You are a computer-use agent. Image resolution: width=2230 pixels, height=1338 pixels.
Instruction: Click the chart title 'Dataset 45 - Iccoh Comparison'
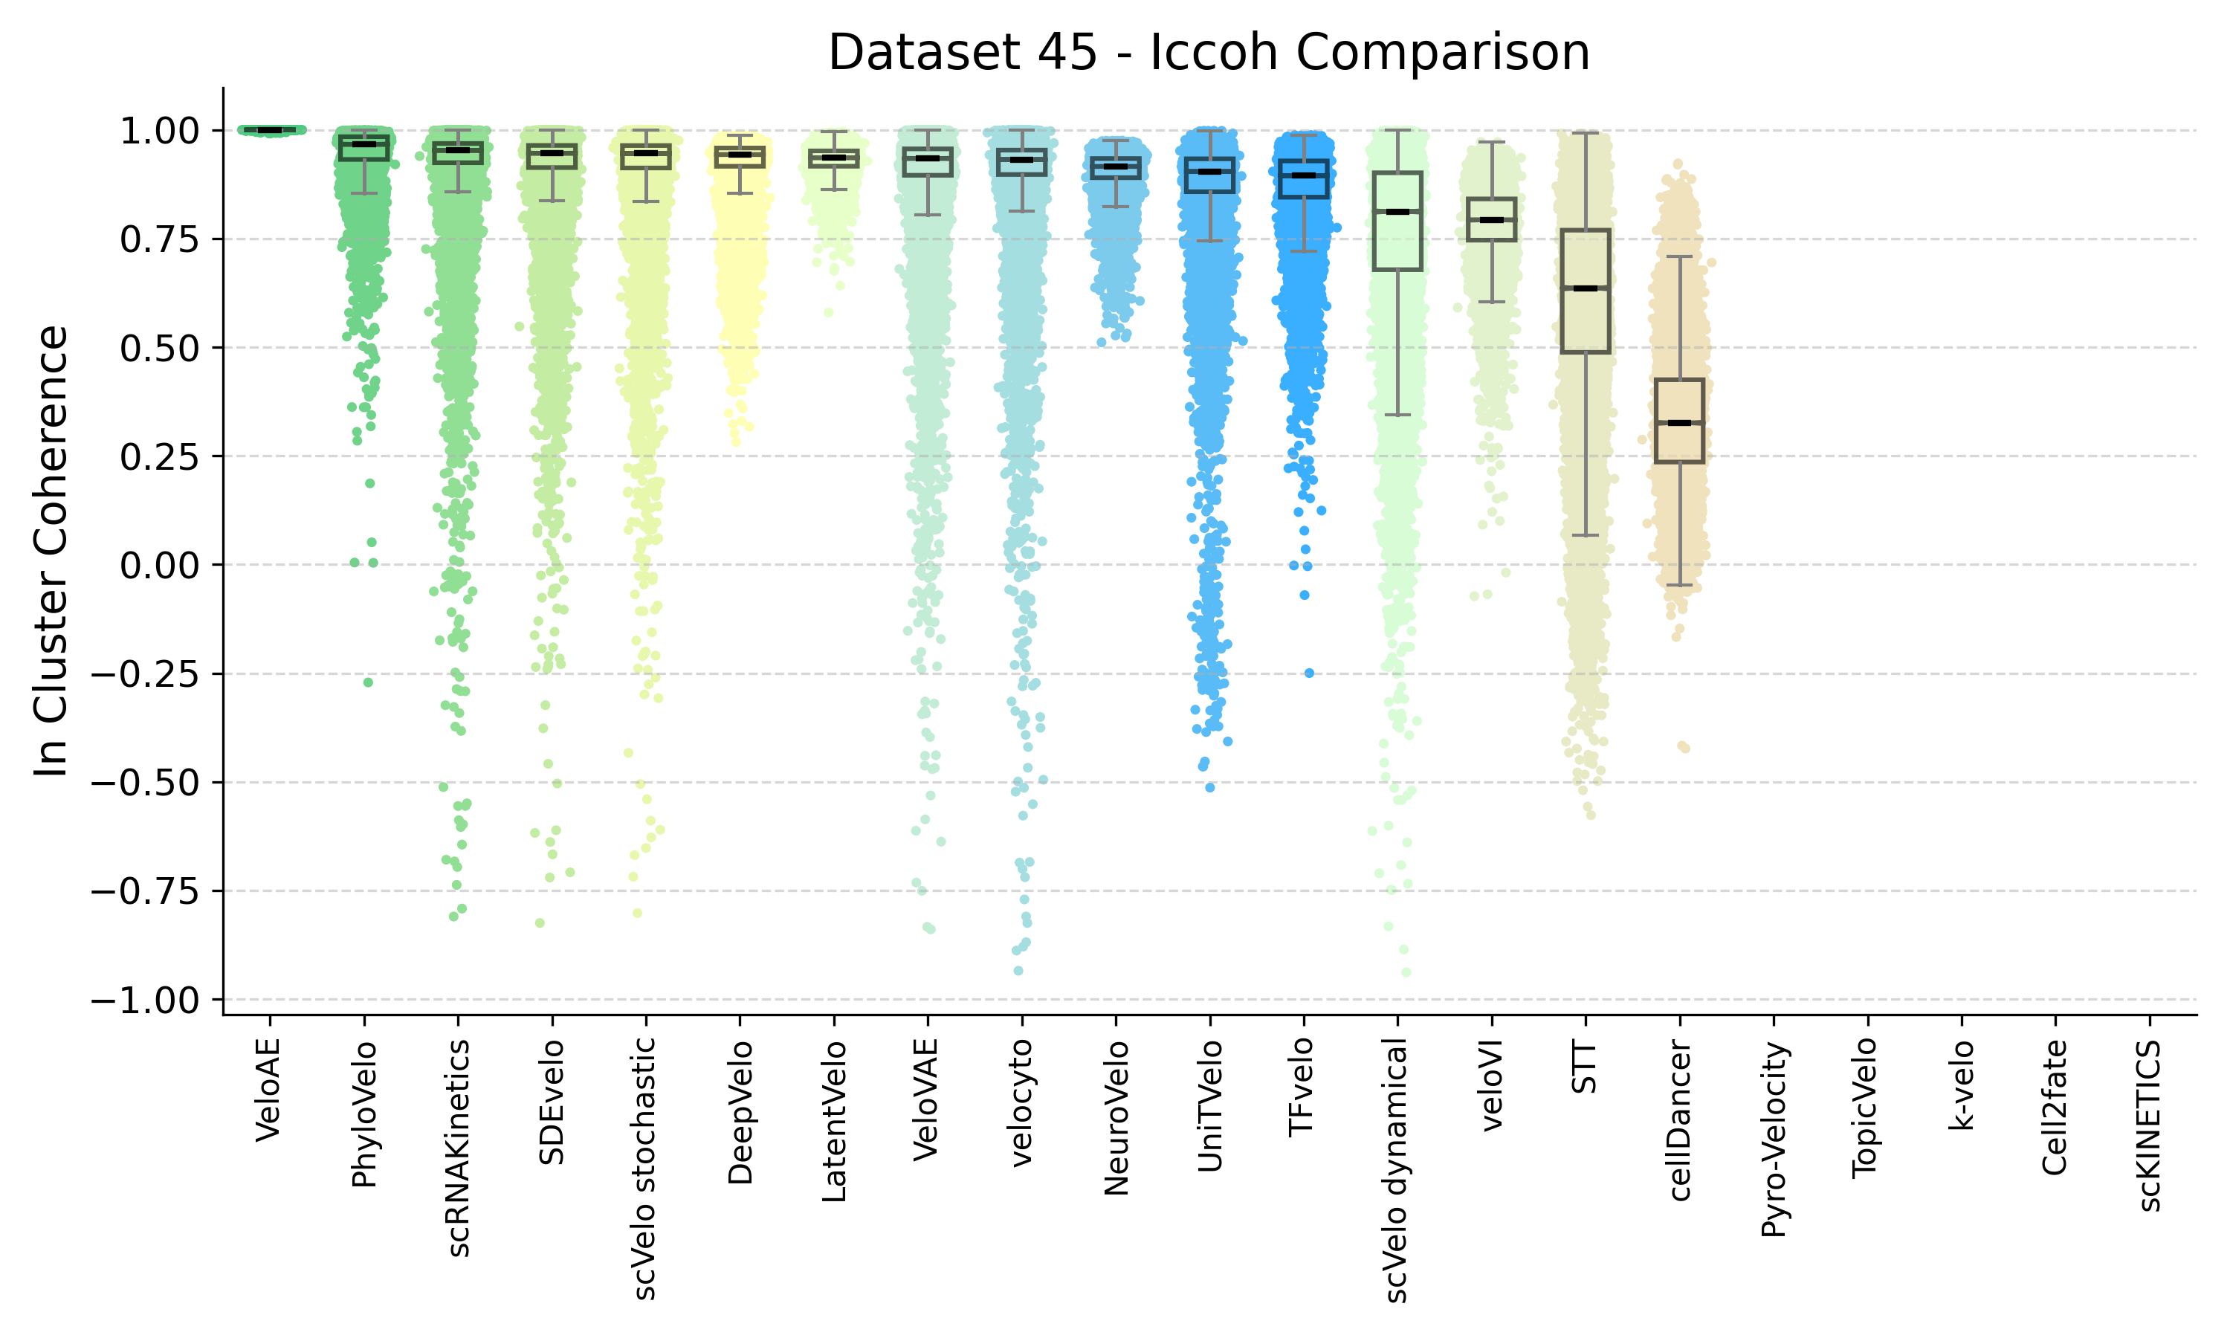click(1209, 52)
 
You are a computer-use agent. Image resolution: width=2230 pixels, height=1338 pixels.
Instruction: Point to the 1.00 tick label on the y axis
click(158, 132)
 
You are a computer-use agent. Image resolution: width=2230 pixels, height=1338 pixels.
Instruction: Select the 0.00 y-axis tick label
click(158, 566)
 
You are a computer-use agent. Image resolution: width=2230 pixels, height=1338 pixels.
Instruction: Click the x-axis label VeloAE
click(268, 1090)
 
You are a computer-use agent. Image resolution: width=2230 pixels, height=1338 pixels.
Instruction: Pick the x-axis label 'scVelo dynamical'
click(1396, 1170)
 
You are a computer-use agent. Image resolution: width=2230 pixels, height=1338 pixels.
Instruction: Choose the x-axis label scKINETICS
click(2149, 1125)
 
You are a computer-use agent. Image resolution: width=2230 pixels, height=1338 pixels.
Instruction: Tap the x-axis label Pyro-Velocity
click(1773, 1139)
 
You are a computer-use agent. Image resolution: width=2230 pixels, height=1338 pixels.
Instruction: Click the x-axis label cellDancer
click(1679, 1119)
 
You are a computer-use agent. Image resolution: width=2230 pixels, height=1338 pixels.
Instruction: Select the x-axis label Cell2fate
click(2055, 1107)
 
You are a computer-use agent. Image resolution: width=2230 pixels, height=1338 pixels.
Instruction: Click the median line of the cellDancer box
click(1679, 423)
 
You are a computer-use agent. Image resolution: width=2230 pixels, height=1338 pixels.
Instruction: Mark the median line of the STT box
click(1586, 288)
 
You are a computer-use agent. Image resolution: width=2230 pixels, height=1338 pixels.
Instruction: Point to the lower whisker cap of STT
click(1586, 535)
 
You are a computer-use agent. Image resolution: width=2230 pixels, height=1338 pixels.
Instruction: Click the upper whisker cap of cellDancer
click(1679, 257)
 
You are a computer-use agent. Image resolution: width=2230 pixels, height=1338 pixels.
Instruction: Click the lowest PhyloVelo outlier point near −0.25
click(368, 682)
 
